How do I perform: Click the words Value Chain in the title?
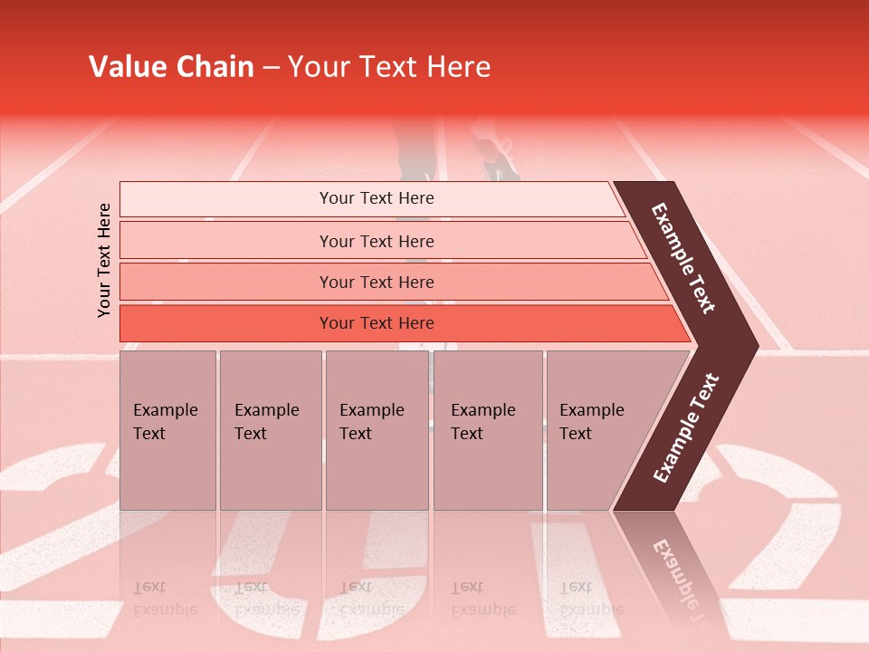[171, 67]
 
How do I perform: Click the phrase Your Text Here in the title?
[389, 67]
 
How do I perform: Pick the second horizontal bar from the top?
[376, 241]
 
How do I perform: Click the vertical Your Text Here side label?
[104, 260]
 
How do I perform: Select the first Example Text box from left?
[167, 430]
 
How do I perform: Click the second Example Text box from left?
[270, 430]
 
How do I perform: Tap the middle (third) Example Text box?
[377, 430]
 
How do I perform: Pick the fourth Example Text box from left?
[488, 430]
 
